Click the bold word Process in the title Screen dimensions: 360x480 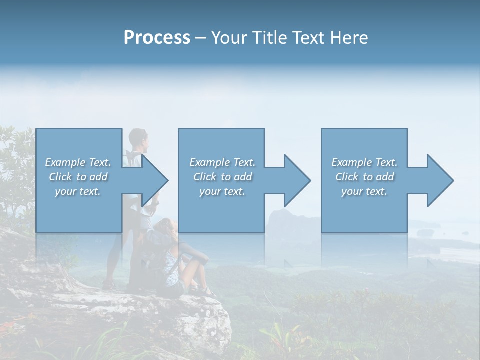(x=157, y=38)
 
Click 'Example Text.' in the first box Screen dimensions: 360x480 (x=78, y=162)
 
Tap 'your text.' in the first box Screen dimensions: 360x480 (x=78, y=191)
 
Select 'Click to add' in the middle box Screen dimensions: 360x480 (x=222, y=177)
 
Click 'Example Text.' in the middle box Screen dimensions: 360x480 (x=222, y=162)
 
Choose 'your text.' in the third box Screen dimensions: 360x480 (x=364, y=191)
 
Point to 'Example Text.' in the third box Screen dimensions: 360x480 (x=364, y=162)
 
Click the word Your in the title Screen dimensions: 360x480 (x=229, y=38)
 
